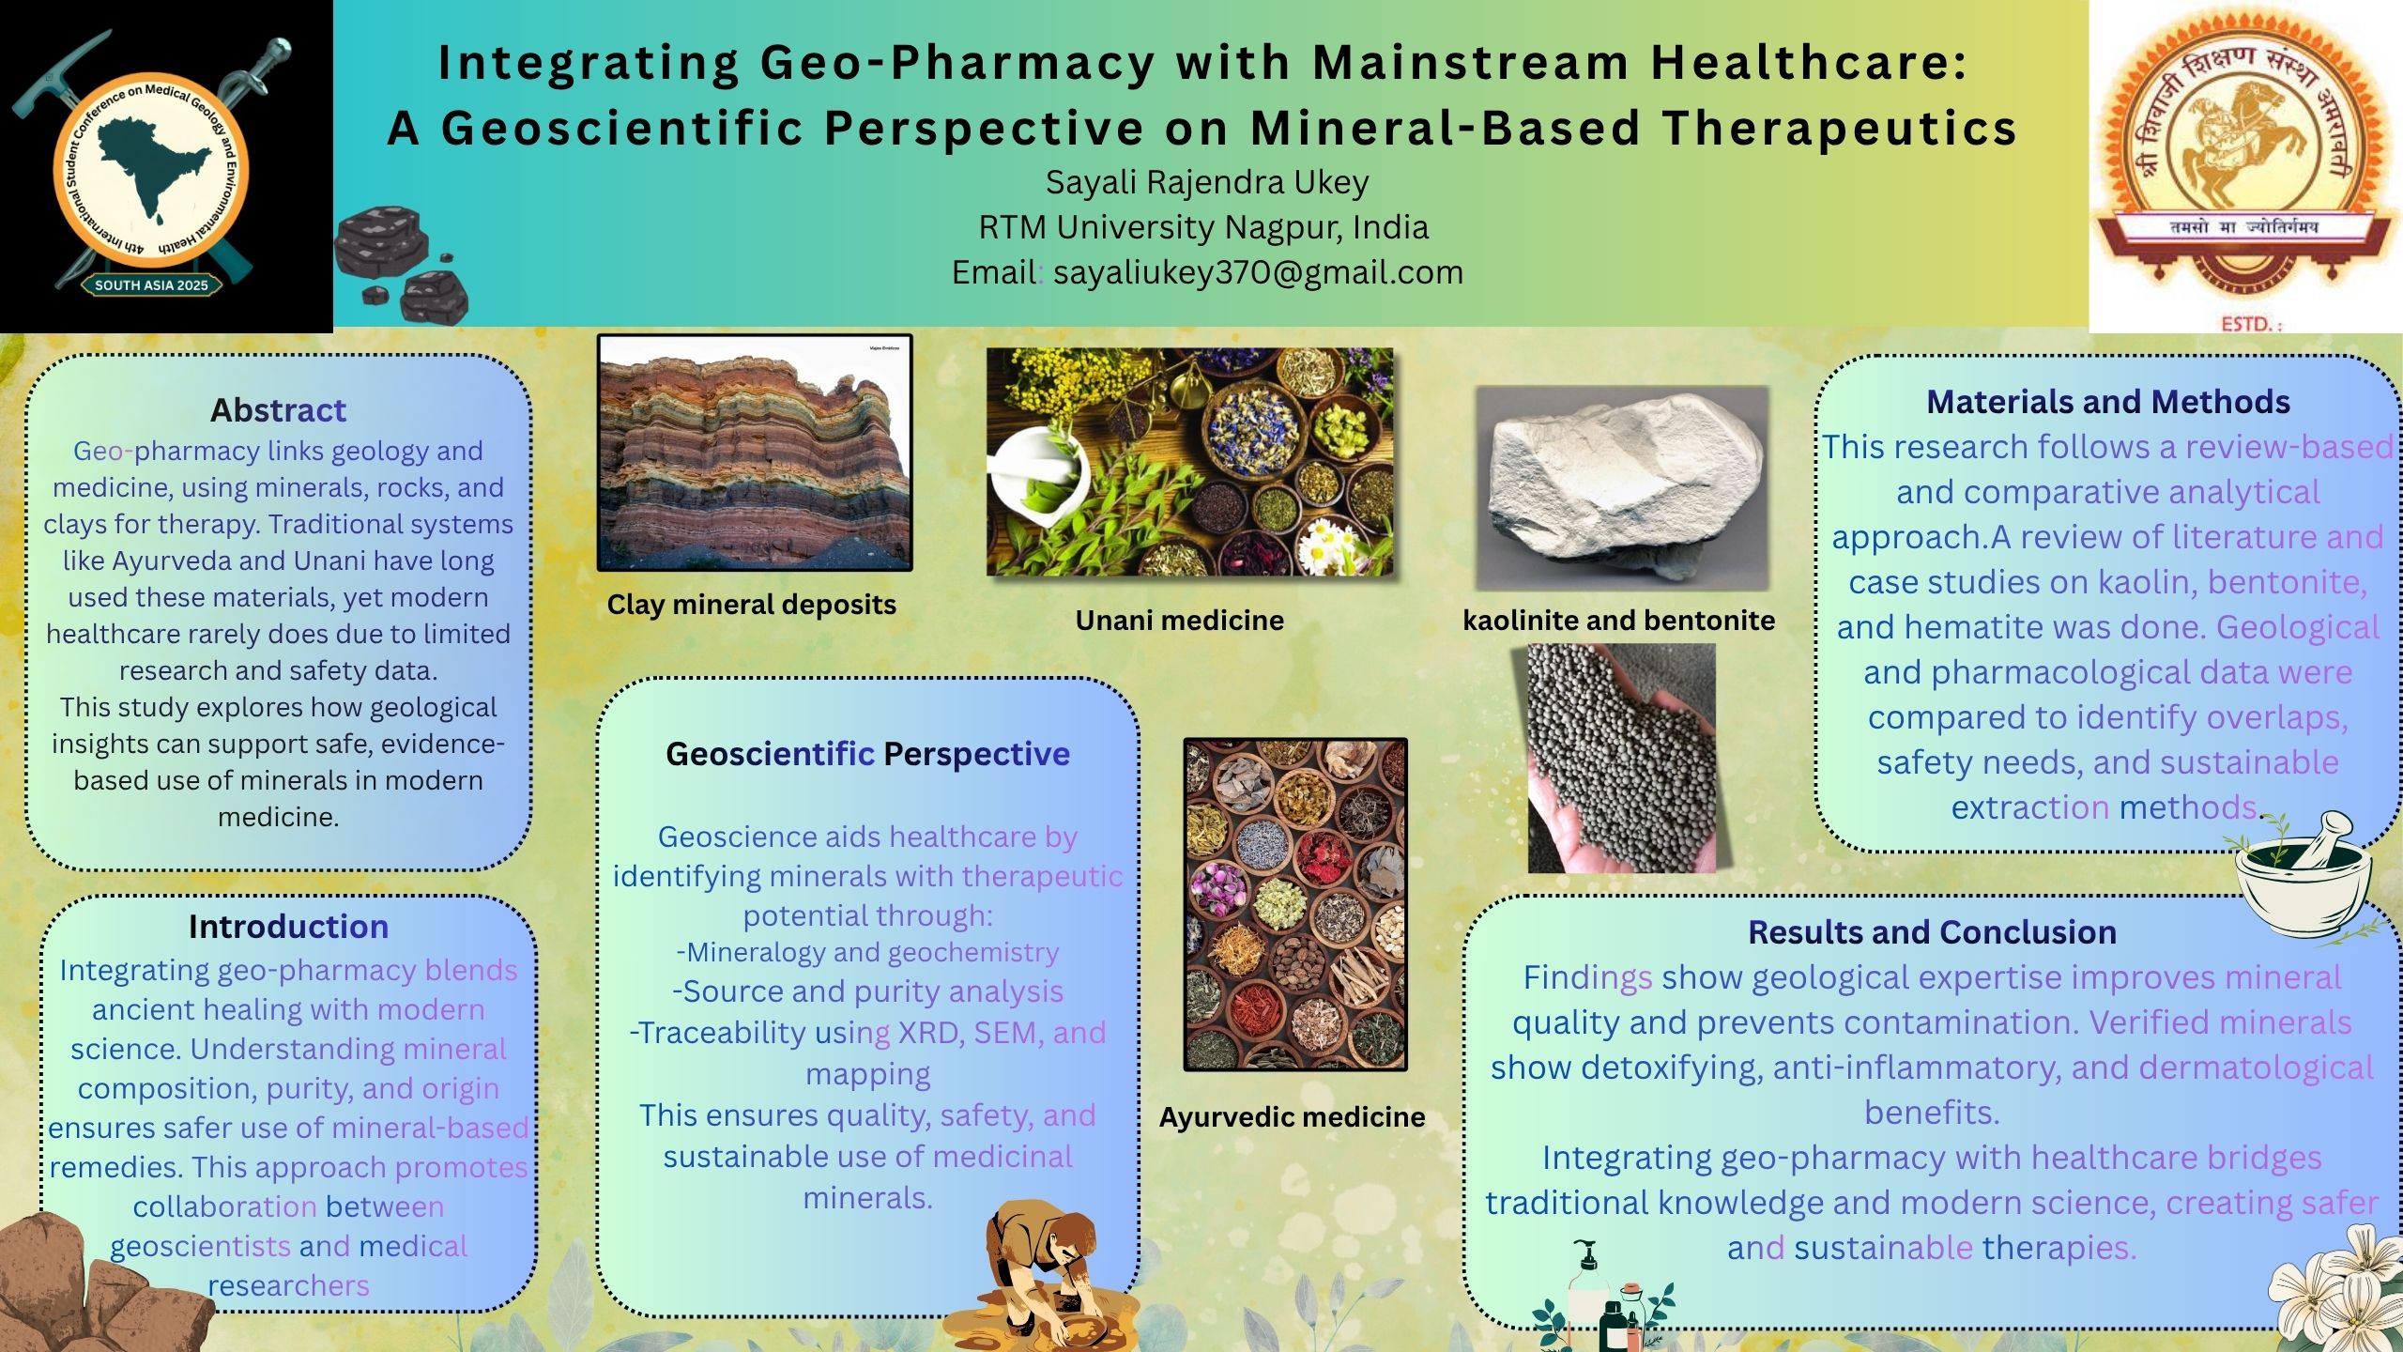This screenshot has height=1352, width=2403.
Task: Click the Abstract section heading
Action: point(278,410)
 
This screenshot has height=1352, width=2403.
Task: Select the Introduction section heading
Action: point(288,927)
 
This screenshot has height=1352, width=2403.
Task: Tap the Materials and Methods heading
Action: point(2108,402)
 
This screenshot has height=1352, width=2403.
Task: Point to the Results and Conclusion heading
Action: point(1933,932)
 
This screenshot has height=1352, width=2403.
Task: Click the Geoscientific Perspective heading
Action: point(867,754)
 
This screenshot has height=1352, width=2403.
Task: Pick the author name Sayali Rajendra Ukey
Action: point(1207,182)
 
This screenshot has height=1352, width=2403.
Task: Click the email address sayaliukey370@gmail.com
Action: point(1258,272)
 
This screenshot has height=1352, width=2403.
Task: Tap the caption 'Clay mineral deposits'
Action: point(751,605)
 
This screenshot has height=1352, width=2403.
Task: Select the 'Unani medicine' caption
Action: point(1180,620)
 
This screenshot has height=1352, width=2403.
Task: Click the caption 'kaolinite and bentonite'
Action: point(1618,620)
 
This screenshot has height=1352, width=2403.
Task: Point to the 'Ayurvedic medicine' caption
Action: point(1292,1117)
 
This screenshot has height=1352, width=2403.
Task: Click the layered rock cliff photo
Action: point(755,453)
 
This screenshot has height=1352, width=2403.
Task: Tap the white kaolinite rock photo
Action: point(1622,488)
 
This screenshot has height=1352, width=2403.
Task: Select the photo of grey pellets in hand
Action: point(1621,759)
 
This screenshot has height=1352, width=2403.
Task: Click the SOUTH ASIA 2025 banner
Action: point(152,285)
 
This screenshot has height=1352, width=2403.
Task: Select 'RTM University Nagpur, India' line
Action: point(1203,227)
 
